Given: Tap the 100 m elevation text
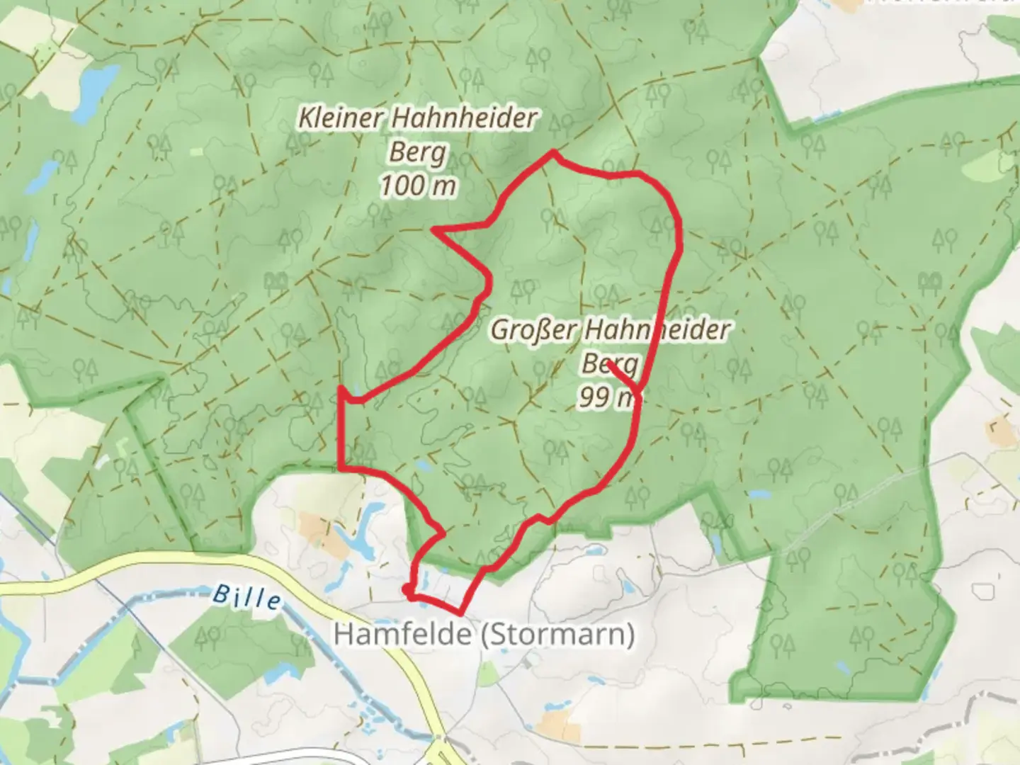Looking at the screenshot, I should (x=418, y=186).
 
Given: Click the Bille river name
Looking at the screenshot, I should (x=246, y=597).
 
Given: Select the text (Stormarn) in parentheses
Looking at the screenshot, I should (x=557, y=634).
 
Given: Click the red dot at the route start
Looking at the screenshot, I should (x=407, y=589).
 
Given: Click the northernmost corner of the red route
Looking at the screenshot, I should (x=552, y=152).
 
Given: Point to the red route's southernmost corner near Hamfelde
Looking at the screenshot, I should (x=461, y=613).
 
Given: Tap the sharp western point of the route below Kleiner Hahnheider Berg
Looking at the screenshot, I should (x=433, y=229).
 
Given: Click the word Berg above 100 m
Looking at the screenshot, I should (x=418, y=152).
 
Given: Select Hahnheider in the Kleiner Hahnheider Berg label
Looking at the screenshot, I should (x=464, y=118).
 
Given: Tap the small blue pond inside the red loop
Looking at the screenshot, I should (x=422, y=465).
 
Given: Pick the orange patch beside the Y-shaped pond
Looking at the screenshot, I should (x=314, y=525).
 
